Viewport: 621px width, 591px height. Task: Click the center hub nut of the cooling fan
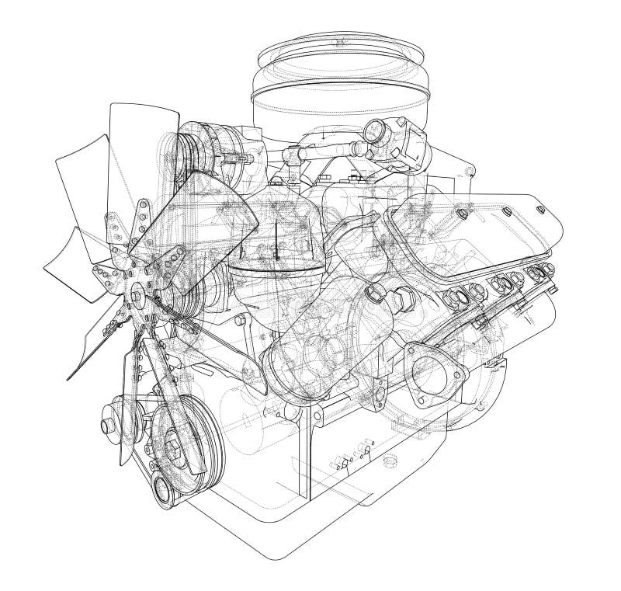(x=137, y=293)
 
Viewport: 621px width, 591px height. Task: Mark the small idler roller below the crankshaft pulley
(x=164, y=488)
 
